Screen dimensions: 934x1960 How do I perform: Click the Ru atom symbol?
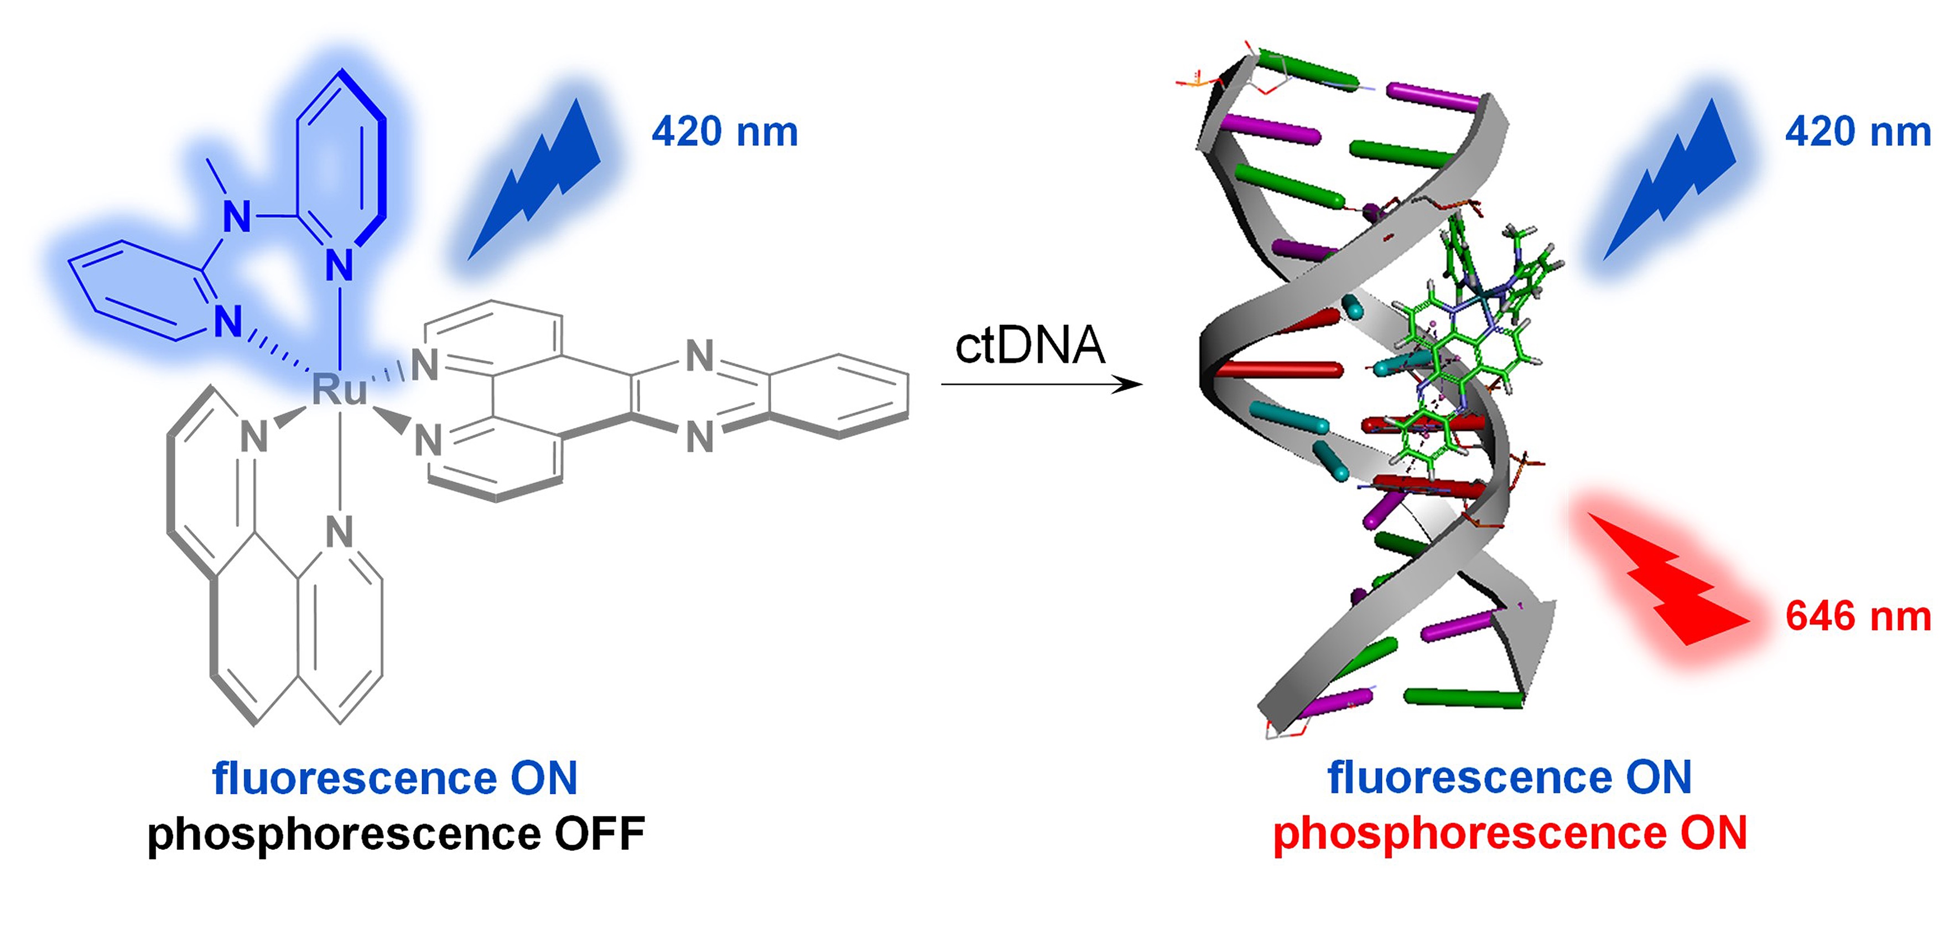tap(339, 389)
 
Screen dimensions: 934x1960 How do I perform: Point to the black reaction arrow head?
tap(1130, 384)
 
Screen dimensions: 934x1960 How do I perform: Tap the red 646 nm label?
tap(1857, 617)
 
